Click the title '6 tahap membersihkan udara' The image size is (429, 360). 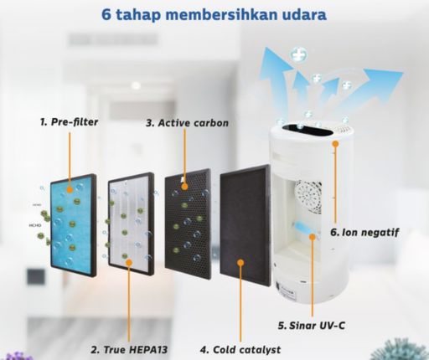point(214,14)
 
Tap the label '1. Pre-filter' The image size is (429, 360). point(69,122)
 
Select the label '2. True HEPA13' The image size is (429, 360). point(129,349)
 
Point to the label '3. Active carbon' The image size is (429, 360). point(188,123)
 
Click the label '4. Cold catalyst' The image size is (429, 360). point(240,350)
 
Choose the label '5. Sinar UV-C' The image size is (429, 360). point(312,326)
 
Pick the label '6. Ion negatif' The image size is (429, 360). point(364,232)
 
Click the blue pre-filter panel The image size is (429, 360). point(74,225)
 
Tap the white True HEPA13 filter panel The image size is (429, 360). point(131,224)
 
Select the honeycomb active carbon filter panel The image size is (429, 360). point(188,220)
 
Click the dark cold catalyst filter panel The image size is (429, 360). point(246,225)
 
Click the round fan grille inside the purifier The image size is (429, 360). point(308,196)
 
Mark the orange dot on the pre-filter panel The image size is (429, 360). point(70,190)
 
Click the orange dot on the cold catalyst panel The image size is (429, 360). point(240,262)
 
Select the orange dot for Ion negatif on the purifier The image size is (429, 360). point(335,143)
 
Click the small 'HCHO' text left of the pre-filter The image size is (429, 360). point(35,225)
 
